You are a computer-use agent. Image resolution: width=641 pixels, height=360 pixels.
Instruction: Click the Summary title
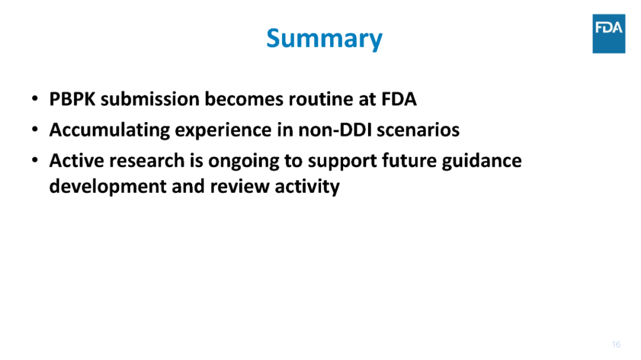[324, 39]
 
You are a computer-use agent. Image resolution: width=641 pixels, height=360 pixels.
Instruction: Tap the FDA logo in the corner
[609, 33]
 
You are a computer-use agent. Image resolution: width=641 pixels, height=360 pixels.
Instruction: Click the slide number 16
[616, 345]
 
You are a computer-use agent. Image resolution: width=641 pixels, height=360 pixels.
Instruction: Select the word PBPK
[72, 99]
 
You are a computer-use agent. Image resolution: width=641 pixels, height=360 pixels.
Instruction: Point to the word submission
[150, 99]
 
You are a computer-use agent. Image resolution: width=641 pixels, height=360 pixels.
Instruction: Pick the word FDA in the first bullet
[399, 99]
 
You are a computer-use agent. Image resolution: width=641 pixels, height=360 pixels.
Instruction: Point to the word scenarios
[418, 130]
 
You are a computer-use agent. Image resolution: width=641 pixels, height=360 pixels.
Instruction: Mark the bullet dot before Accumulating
[35, 129]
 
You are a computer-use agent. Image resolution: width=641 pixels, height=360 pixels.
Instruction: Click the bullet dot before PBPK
[35, 98]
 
